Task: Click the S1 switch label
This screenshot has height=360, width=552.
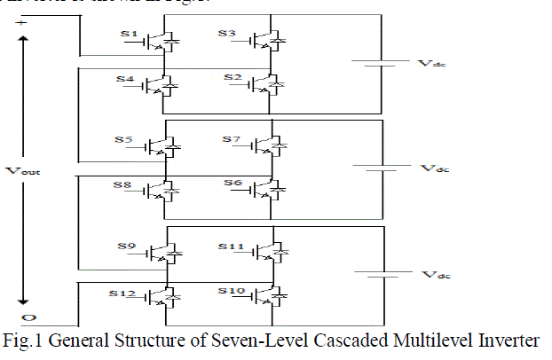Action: point(129,35)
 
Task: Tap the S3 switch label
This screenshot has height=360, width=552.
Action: point(227,35)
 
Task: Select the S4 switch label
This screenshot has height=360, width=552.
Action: point(125,79)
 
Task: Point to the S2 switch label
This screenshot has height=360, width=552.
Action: point(231,79)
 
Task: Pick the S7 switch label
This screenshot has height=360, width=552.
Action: point(231,140)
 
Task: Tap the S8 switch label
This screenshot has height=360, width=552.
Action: point(125,184)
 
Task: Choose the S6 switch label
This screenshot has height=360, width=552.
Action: point(232,184)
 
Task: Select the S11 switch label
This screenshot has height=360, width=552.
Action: point(229,246)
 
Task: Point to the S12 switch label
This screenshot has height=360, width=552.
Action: point(122,291)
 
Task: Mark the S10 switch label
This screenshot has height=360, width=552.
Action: point(229,291)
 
